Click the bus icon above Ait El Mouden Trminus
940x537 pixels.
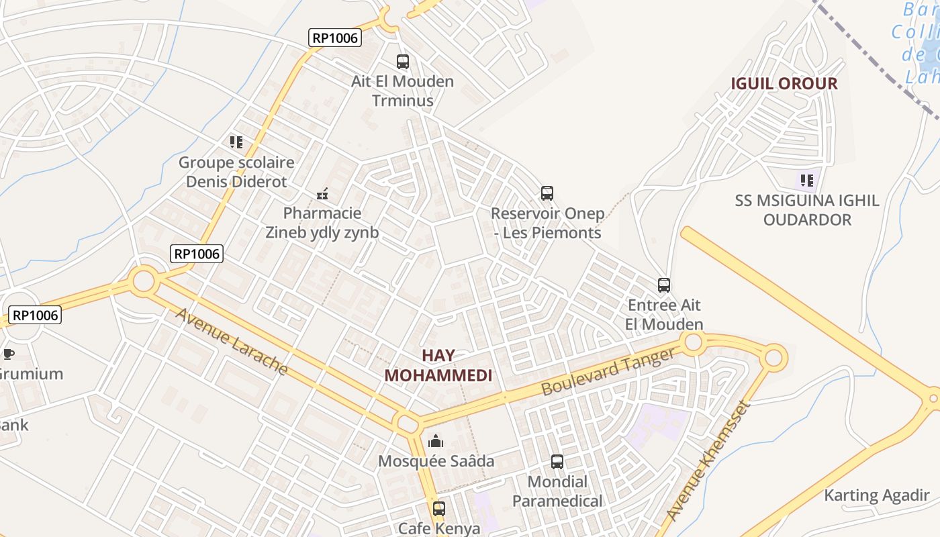(x=403, y=62)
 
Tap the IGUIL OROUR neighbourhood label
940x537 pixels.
(x=784, y=84)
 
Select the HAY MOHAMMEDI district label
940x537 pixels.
(x=438, y=365)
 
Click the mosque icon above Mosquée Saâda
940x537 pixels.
(x=436, y=441)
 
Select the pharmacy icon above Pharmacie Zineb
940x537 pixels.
(x=323, y=195)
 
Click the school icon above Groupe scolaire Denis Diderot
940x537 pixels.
(x=236, y=142)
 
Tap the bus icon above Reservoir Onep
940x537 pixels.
(x=547, y=193)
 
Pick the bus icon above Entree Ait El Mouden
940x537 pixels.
(x=664, y=285)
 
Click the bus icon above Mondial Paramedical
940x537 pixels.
(x=557, y=462)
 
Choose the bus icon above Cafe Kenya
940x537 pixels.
(x=439, y=508)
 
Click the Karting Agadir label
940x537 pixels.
(x=876, y=496)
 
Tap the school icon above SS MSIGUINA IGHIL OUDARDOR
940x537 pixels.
(x=807, y=180)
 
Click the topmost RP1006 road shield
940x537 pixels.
(x=336, y=38)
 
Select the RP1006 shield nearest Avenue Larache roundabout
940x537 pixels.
(x=197, y=254)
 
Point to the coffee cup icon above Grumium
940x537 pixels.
(x=8, y=354)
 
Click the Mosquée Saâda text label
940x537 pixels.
(x=436, y=461)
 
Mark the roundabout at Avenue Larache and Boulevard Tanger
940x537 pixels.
(x=408, y=424)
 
